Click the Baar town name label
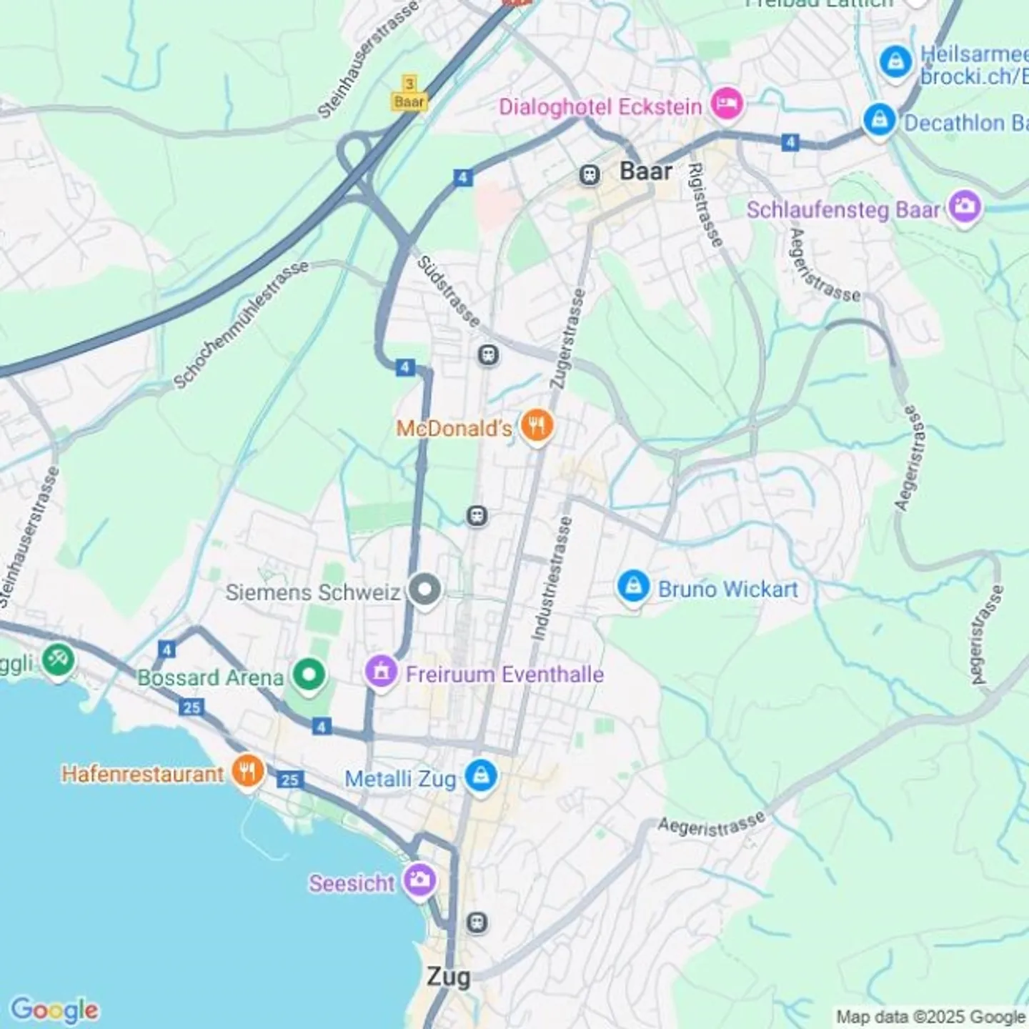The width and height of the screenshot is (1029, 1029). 645,171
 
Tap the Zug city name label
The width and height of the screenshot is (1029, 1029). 448,976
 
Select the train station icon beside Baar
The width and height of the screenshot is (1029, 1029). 590,174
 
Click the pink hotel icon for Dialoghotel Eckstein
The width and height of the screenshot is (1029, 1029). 727,104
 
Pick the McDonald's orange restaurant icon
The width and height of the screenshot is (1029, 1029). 536,427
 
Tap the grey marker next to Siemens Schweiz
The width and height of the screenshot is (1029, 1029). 424,590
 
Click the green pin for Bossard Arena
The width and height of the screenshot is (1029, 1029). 309,675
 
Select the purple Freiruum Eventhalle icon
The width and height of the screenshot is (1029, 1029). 382,672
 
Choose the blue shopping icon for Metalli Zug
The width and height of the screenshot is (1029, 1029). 481,776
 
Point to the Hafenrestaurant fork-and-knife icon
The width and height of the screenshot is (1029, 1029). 247,772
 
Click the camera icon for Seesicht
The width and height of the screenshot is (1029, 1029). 419,880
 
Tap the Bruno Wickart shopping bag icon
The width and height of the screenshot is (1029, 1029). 633,587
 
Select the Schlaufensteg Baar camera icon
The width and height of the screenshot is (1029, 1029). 965,208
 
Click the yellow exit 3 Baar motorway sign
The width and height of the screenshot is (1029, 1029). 409,94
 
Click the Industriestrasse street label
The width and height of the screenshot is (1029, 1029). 551,578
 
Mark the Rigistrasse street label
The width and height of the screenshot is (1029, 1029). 705,205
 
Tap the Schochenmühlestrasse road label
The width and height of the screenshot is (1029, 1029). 242,324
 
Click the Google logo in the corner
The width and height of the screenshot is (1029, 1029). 54,1010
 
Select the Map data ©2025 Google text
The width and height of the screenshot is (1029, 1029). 930,1016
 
